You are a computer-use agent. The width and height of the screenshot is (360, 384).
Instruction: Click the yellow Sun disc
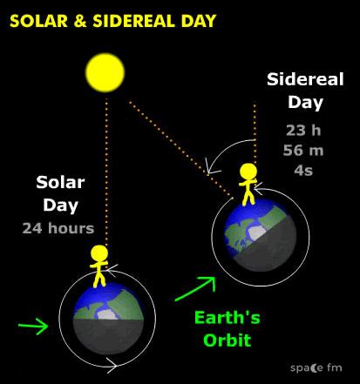coord(105,72)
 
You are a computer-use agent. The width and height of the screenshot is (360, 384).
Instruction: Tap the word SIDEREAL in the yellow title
coord(133,21)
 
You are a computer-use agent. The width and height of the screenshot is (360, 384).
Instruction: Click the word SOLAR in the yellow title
coord(39,21)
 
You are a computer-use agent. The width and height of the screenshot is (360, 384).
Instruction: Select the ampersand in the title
coord(80,21)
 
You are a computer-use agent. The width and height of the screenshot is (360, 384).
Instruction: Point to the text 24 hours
coord(58,228)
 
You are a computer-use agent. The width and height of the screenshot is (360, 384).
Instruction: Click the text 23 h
coord(303,131)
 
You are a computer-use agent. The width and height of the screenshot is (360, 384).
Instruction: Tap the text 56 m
coord(303,150)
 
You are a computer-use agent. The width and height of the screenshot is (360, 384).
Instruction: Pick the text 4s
coord(303,170)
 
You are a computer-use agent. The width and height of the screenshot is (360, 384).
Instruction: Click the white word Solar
coord(60,183)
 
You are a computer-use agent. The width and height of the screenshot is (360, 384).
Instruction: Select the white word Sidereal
coord(305,79)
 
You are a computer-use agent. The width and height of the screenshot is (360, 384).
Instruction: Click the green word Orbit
coord(228,340)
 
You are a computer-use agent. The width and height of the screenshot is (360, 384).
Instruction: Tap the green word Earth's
coord(228,317)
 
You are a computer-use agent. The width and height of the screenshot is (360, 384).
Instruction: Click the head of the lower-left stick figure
coord(99,253)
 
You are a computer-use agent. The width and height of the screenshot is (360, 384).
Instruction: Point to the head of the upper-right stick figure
coord(248,172)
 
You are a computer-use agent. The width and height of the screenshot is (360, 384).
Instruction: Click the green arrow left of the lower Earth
coord(33,326)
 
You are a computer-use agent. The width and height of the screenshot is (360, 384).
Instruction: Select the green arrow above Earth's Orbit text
coord(195,289)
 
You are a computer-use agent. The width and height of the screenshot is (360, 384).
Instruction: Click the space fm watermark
coord(316,368)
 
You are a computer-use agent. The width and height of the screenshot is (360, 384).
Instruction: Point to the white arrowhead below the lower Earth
coord(112,365)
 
